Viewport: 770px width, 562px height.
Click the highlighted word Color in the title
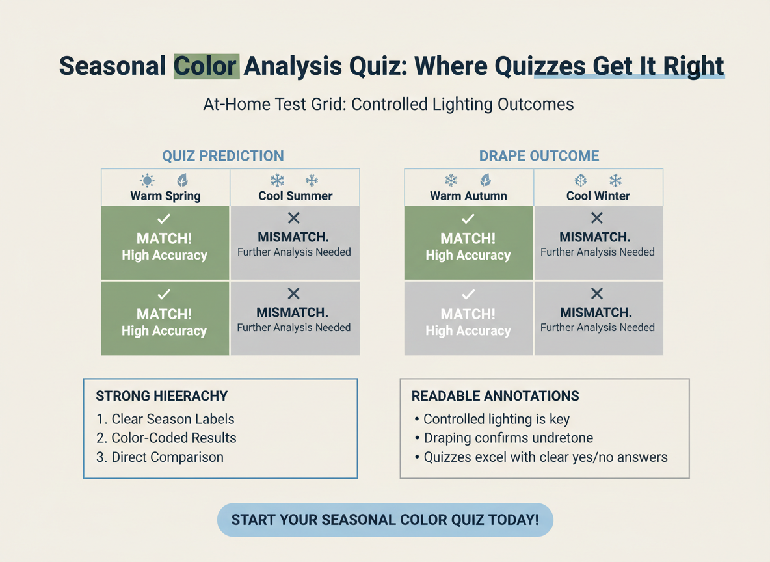coord(206,66)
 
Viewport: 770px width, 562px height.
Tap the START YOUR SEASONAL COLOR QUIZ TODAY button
coord(385,520)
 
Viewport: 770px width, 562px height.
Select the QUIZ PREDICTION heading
coord(223,156)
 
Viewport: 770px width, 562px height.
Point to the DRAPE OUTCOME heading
coord(539,156)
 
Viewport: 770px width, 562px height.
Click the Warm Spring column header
coord(165,195)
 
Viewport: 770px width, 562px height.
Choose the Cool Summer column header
coord(295,195)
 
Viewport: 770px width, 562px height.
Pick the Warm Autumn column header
coord(468,195)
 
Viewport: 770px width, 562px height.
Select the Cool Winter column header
coord(598,195)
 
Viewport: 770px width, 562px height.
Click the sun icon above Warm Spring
coord(148,180)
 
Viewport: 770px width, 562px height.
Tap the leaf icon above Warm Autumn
coord(485,180)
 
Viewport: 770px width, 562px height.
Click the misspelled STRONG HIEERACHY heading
coord(162,396)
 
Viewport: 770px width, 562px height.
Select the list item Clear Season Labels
coord(165,419)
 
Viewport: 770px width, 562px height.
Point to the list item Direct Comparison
coord(160,457)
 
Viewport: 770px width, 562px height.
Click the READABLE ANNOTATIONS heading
coord(496,396)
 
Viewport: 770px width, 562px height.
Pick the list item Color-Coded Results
coord(166,438)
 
